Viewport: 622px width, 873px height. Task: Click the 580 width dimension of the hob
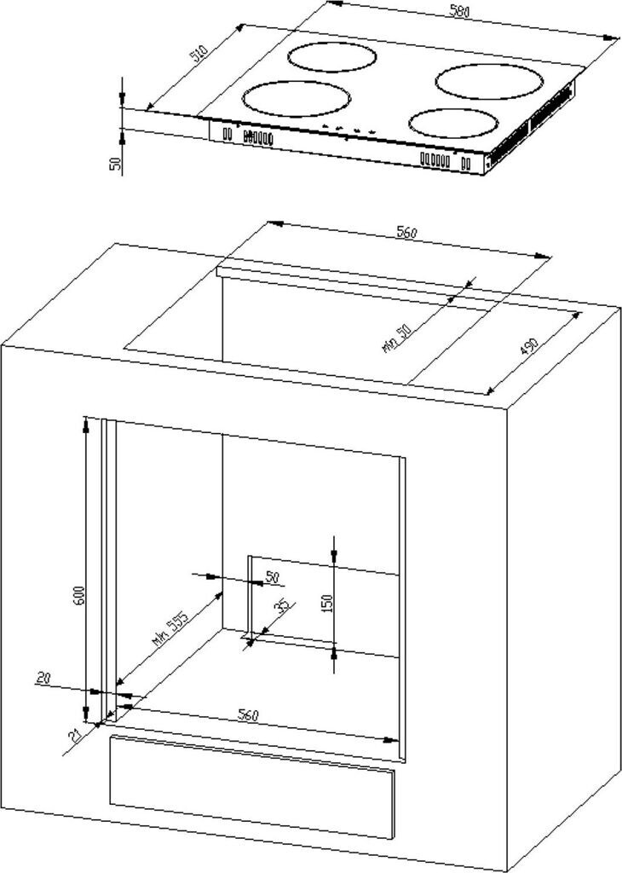coord(458,13)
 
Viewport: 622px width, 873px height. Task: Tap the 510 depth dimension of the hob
coord(198,57)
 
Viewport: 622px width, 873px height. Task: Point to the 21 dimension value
coord(75,734)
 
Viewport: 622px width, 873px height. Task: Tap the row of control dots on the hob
coord(348,130)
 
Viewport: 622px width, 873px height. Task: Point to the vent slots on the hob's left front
coord(256,136)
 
